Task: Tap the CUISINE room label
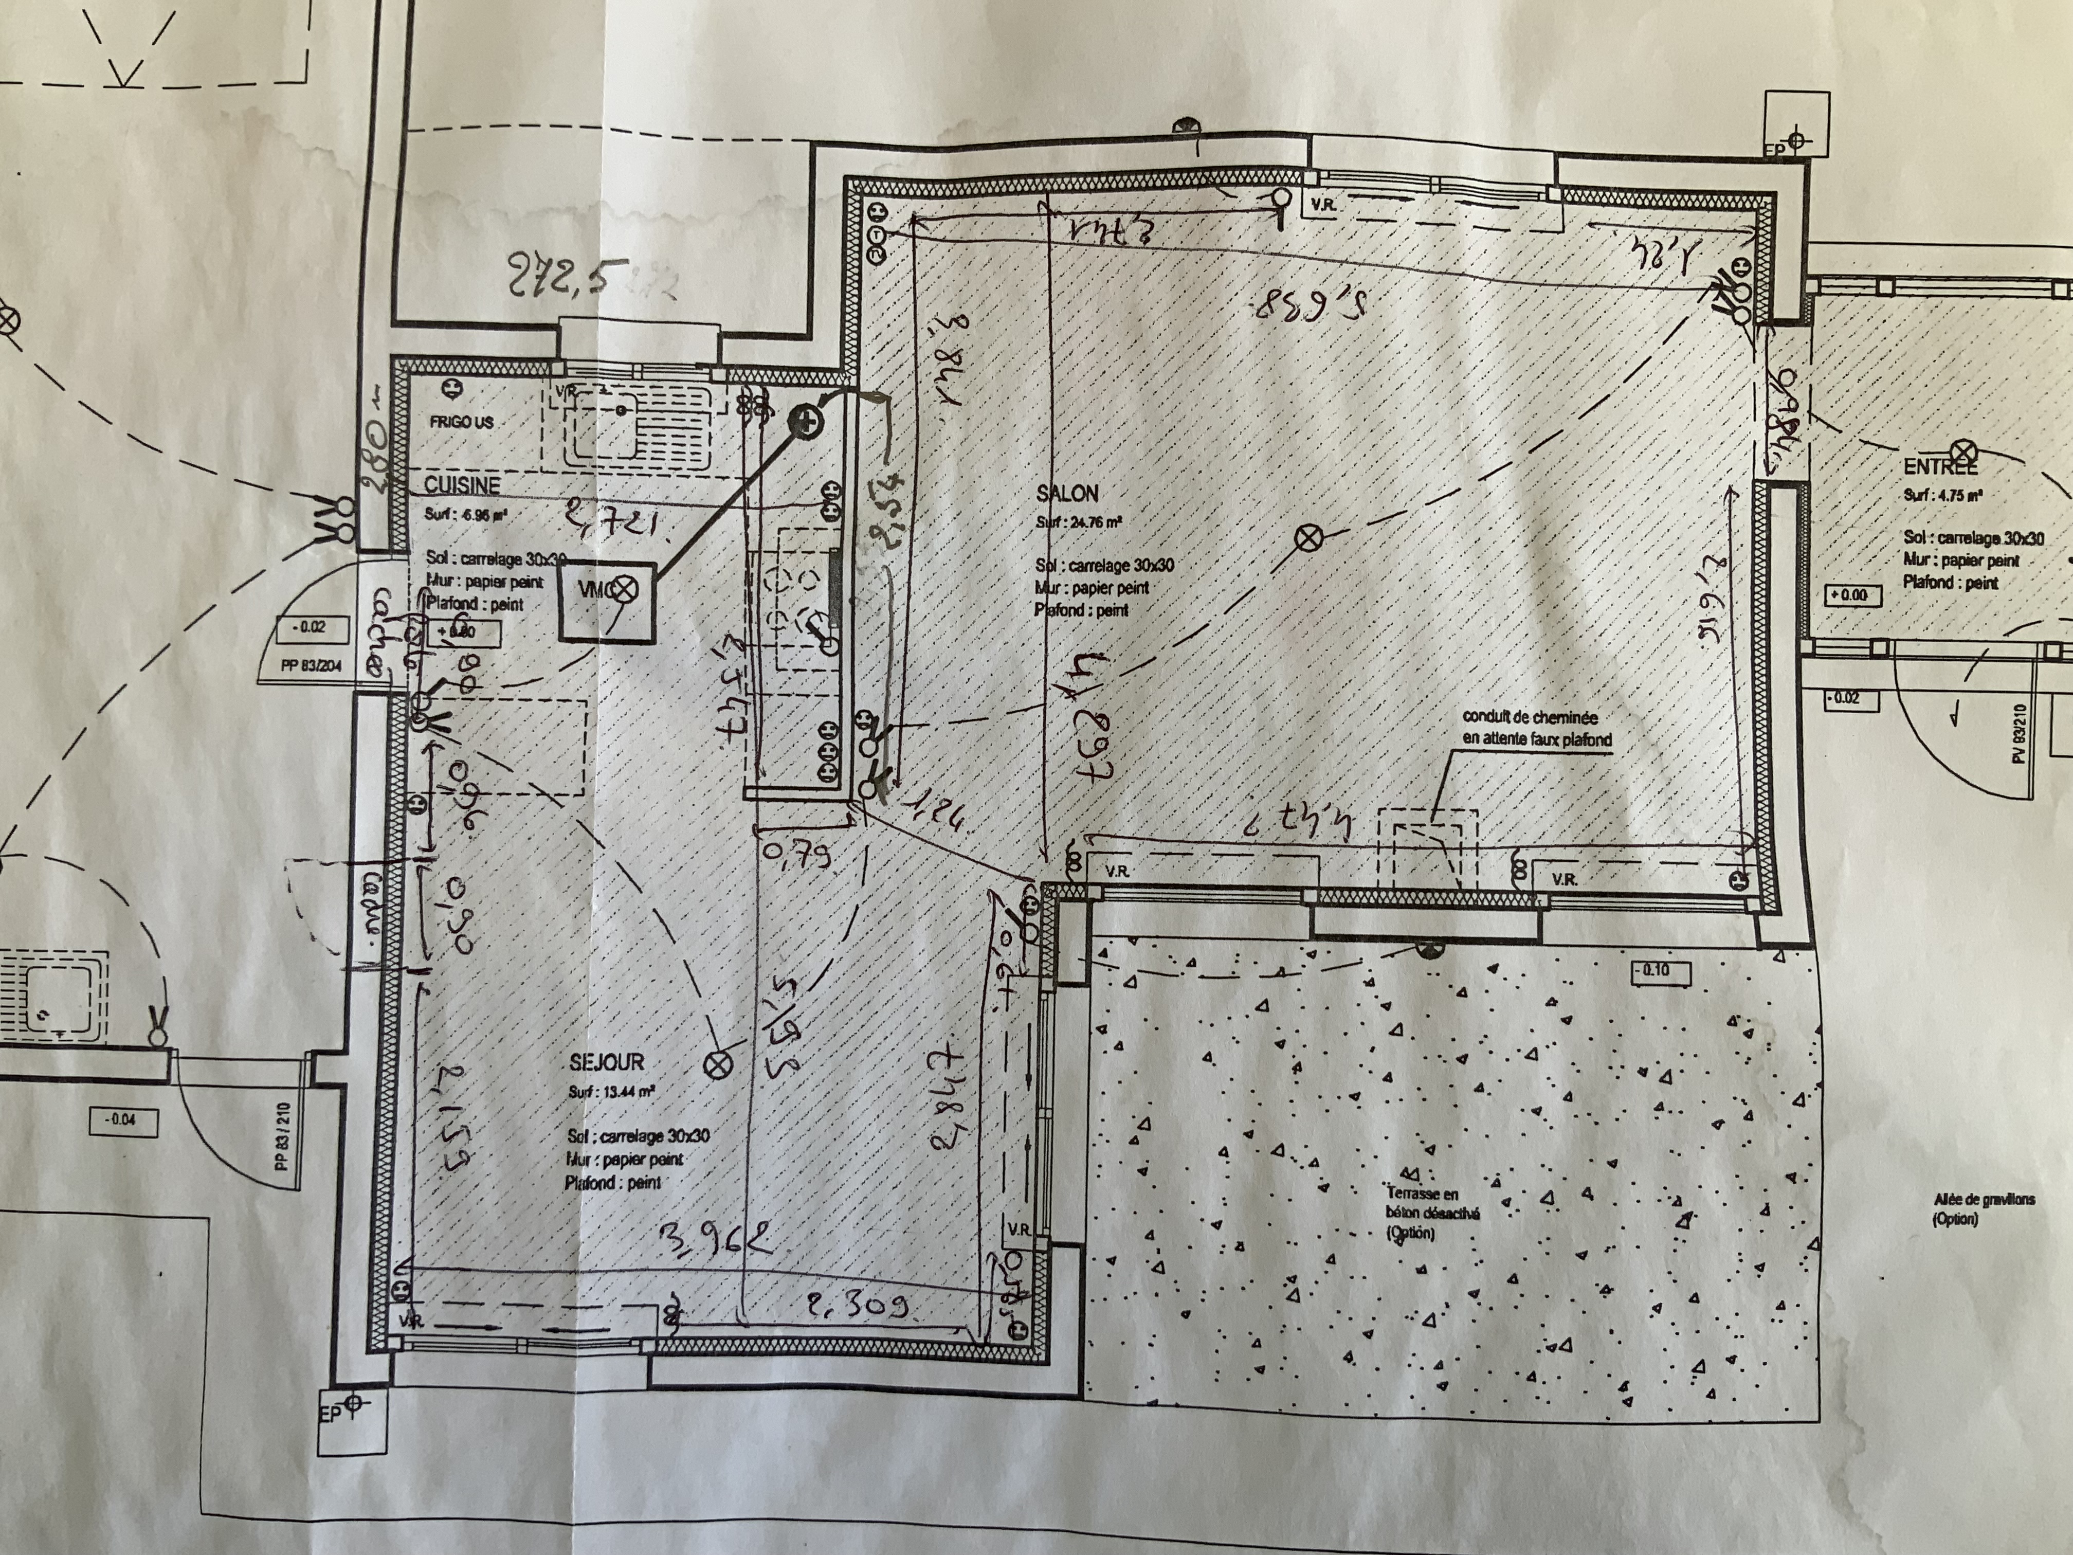pos(462,484)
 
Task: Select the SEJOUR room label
pos(606,1062)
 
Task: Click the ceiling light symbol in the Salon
pos(1307,537)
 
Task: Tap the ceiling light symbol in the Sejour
pos(719,1064)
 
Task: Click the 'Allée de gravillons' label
pos(1983,1209)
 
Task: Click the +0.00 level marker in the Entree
pos(1847,594)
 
